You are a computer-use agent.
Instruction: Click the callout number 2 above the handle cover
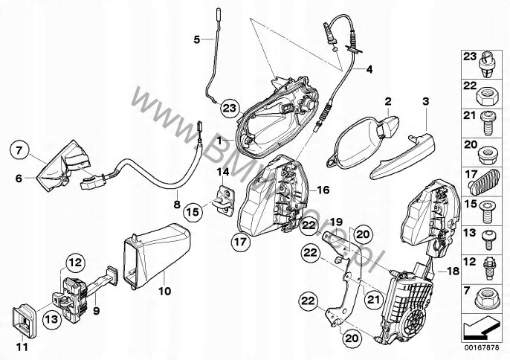tap(387, 100)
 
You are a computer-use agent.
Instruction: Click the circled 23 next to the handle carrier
tap(230, 109)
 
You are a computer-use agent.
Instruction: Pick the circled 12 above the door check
tap(76, 262)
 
